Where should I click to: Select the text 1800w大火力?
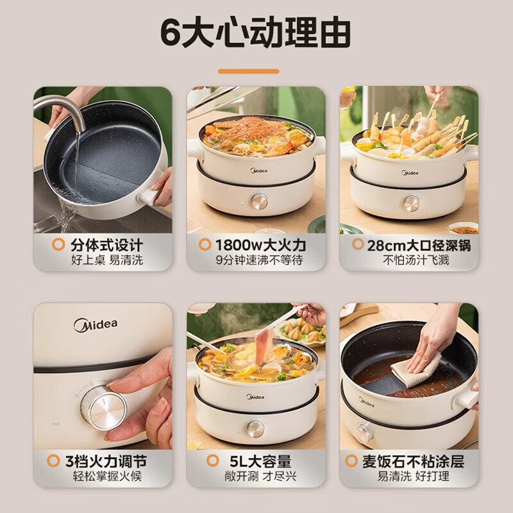click(x=261, y=244)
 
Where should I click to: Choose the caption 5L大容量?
click(x=259, y=461)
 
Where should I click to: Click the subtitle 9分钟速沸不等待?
click(x=259, y=260)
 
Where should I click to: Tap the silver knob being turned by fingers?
click(x=106, y=405)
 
